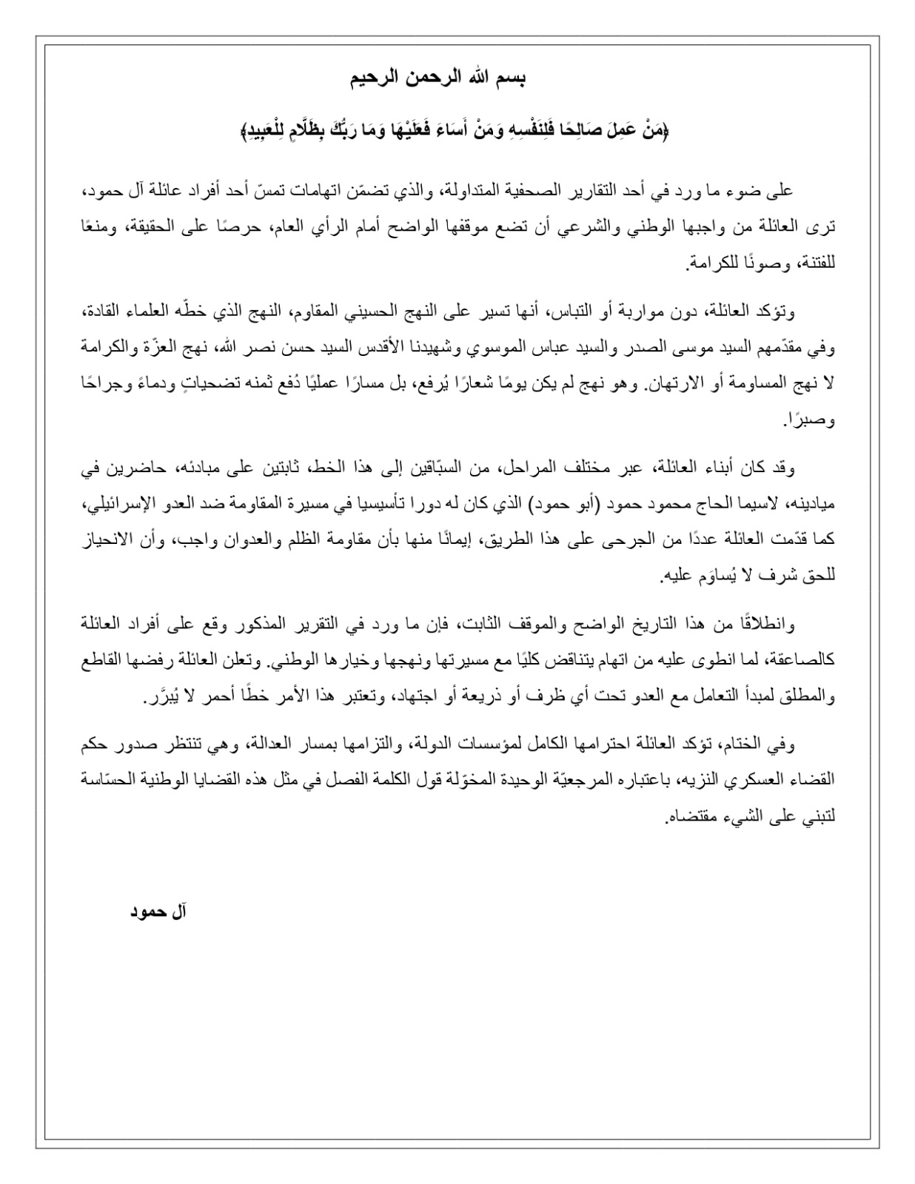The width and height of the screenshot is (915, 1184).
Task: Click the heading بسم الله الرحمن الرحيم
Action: (437, 79)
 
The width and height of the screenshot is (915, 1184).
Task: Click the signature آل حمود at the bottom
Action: (158, 911)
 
